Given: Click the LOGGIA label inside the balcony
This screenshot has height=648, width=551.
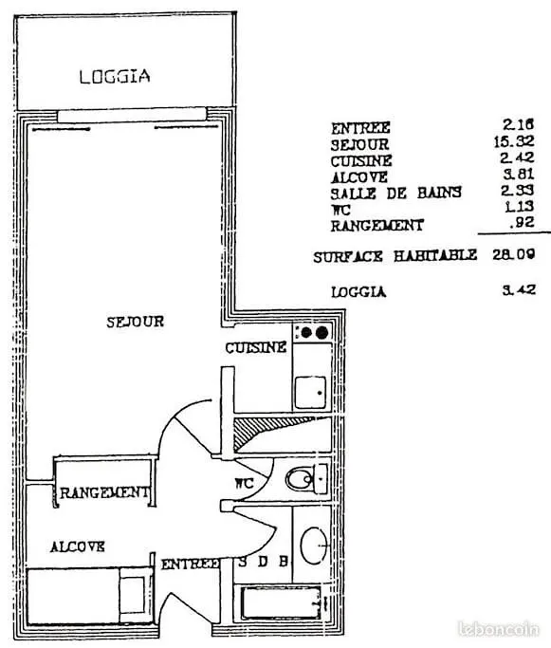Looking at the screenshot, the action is (x=115, y=77).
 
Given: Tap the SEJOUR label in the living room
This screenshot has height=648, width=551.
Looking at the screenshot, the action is (x=135, y=322).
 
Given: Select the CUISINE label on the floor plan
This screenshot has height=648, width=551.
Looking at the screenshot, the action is (x=256, y=347).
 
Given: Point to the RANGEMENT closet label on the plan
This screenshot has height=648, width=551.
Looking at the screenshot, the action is (x=103, y=492).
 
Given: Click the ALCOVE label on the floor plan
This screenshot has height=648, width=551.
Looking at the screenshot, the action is (x=77, y=546).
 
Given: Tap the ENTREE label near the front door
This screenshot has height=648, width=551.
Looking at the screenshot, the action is (x=190, y=565).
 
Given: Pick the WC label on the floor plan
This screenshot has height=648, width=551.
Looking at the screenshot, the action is (x=244, y=483).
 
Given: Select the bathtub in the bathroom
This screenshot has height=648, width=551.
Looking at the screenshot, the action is (x=281, y=603).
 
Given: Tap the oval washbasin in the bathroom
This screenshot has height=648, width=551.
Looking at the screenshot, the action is (x=314, y=546).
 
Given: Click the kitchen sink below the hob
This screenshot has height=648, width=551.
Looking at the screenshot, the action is (x=310, y=392).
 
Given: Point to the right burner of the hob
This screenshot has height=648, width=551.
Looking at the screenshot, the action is (x=321, y=332).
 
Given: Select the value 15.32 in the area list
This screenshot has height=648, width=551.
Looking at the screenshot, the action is (x=514, y=141).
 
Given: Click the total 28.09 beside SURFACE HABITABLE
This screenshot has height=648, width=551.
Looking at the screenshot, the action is (x=513, y=253).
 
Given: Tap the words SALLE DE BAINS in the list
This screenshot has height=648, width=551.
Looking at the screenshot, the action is (x=395, y=193).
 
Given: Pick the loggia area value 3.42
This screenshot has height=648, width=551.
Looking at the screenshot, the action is (x=519, y=289).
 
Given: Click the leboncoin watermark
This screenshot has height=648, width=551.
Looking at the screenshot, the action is (x=499, y=629).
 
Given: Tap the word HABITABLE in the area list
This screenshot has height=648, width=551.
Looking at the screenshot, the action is (x=435, y=255).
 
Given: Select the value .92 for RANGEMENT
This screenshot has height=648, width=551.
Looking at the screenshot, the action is (x=522, y=222).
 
